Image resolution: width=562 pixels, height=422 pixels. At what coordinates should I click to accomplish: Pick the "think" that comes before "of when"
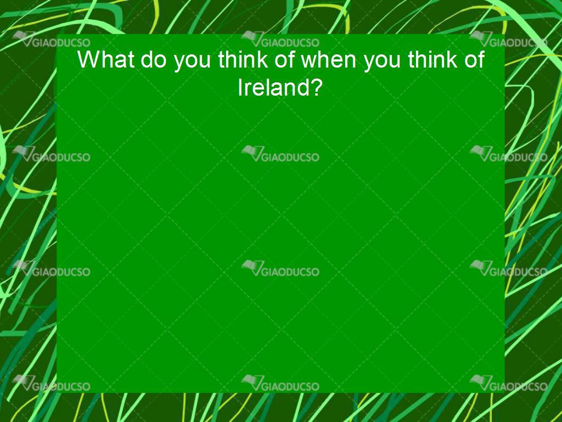tap(243, 59)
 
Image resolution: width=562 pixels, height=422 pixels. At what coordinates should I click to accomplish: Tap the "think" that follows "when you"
tap(433, 59)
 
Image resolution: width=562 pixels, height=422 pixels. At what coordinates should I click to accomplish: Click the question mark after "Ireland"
tap(315, 87)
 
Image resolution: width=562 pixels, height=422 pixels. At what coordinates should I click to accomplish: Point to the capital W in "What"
tap(88, 59)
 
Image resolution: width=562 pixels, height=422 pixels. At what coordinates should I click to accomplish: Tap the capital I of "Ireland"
tap(240, 87)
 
